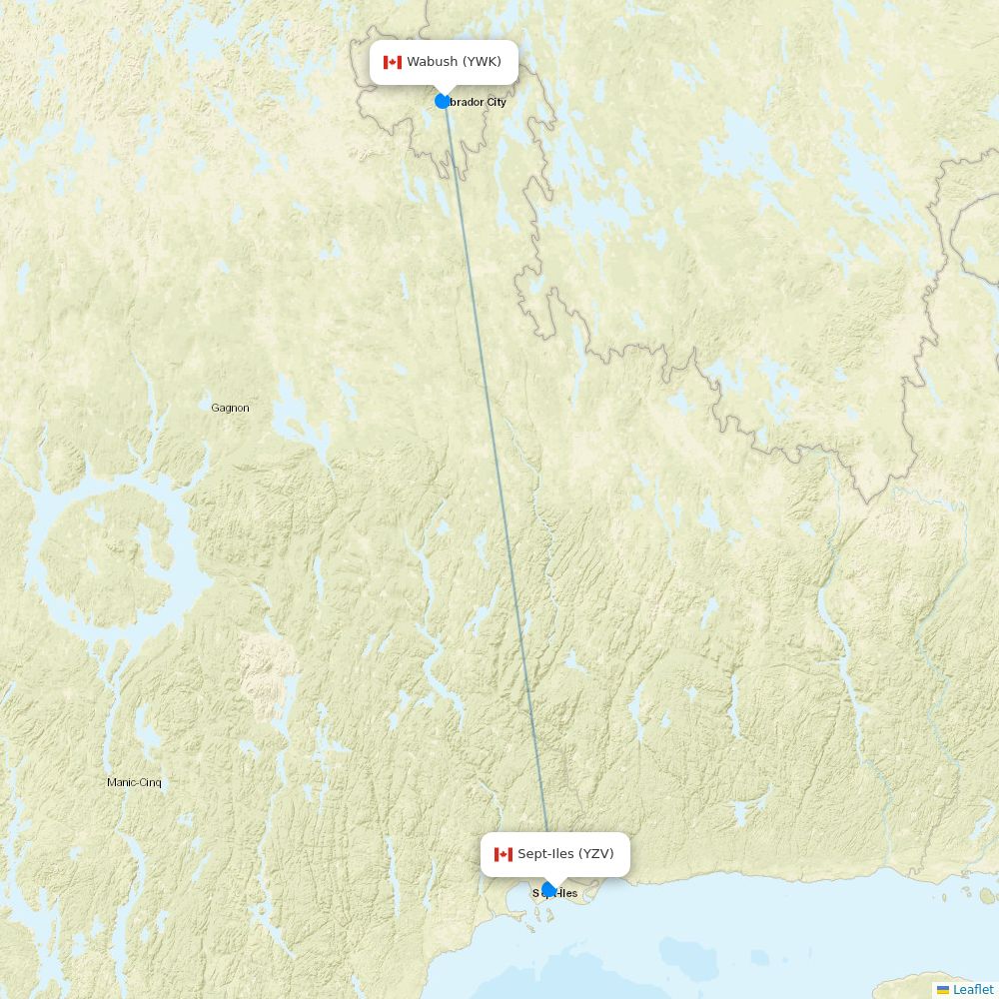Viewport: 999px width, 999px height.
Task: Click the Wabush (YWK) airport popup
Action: tap(444, 62)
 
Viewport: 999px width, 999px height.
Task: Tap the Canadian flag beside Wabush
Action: tap(393, 63)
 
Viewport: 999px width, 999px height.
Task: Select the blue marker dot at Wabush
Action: tap(443, 101)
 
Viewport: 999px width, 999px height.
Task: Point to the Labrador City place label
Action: tap(479, 102)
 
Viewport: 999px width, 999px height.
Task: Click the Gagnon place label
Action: tap(230, 408)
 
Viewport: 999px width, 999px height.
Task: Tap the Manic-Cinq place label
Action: tap(134, 782)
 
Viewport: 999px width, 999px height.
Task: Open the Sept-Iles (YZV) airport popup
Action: tap(555, 854)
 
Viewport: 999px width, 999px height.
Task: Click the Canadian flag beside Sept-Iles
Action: tap(503, 854)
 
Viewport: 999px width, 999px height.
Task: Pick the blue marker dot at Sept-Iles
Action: tap(548, 890)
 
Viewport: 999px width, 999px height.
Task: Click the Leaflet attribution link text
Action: tap(973, 989)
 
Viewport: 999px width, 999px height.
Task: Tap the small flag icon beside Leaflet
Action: tap(943, 990)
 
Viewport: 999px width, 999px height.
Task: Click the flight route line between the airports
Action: tap(496, 499)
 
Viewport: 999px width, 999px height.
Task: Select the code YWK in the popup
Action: tap(482, 62)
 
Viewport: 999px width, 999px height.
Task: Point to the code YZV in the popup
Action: tap(595, 854)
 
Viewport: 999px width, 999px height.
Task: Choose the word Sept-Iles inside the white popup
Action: tap(545, 854)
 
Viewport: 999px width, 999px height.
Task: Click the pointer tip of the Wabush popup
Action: tap(444, 91)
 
